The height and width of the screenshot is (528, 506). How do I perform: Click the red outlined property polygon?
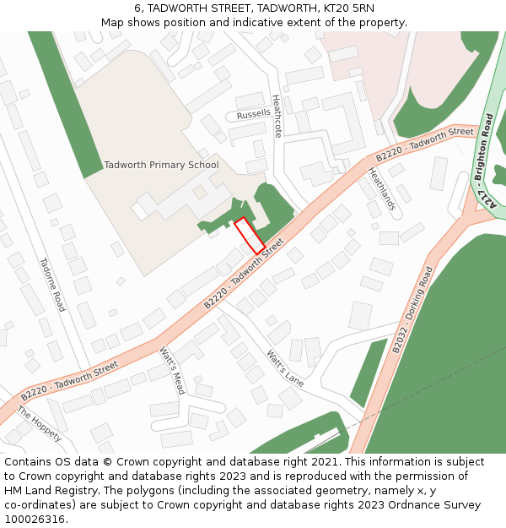click(x=249, y=236)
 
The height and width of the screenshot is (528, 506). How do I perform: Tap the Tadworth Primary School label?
click(x=161, y=166)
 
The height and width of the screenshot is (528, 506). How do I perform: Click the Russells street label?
click(x=254, y=113)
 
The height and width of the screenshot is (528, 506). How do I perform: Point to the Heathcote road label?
click(x=277, y=116)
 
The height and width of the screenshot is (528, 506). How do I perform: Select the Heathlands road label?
click(x=381, y=188)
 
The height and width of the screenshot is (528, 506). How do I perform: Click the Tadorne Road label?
click(x=52, y=285)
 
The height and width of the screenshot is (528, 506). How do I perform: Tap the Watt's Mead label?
click(x=173, y=373)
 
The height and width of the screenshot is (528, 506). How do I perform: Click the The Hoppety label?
click(x=40, y=424)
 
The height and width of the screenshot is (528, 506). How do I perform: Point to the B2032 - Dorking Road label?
click(x=412, y=309)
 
